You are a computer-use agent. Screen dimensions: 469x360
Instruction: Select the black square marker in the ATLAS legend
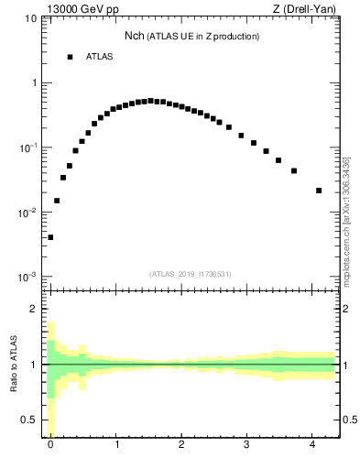tap(70, 57)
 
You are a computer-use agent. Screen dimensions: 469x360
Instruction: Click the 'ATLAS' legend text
tap(100, 57)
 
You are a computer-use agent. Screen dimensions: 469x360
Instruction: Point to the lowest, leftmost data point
tap(50, 237)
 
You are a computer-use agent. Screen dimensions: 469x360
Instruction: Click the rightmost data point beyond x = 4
tap(319, 191)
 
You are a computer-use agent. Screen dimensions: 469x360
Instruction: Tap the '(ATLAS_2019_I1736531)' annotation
tap(191, 274)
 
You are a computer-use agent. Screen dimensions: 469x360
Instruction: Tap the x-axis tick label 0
tap(50, 444)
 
